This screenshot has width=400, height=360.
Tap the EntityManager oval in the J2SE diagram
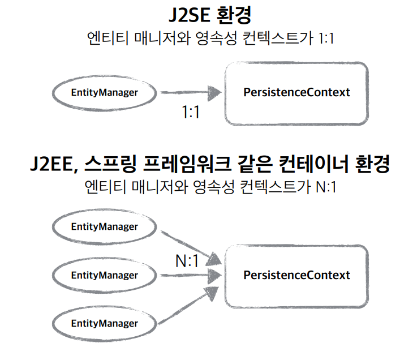(104, 92)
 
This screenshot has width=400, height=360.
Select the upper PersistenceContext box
(296, 92)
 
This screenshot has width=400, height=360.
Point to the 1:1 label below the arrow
(191, 112)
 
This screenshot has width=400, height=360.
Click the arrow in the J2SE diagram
(190, 92)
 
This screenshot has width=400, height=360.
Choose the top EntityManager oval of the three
(104, 226)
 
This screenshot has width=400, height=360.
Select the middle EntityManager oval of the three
(104, 276)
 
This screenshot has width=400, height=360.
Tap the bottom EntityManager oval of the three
(104, 324)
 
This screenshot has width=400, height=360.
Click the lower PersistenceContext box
(296, 276)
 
